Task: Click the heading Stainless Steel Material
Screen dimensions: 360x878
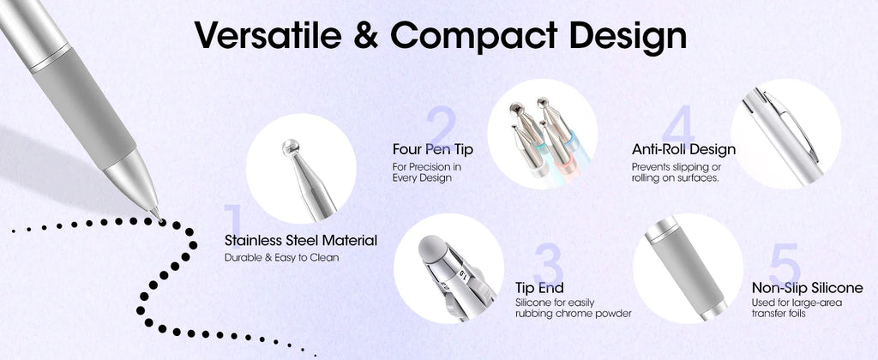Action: point(300,241)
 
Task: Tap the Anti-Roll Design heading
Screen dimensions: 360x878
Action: point(683,149)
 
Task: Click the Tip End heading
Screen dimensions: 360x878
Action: point(539,288)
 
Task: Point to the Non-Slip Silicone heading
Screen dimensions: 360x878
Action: point(806,288)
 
